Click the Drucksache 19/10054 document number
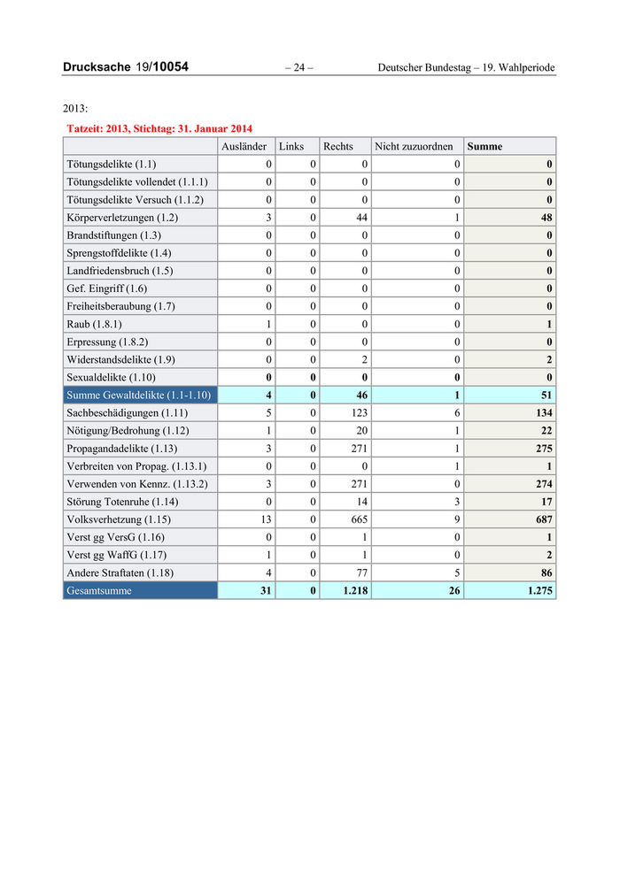[126, 67]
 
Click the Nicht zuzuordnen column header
[414, 146]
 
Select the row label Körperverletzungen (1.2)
[122, 218]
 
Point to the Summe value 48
[546, 218]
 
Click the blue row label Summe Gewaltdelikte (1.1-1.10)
[138, 395]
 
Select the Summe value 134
[544, 412]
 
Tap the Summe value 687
[544, 519]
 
